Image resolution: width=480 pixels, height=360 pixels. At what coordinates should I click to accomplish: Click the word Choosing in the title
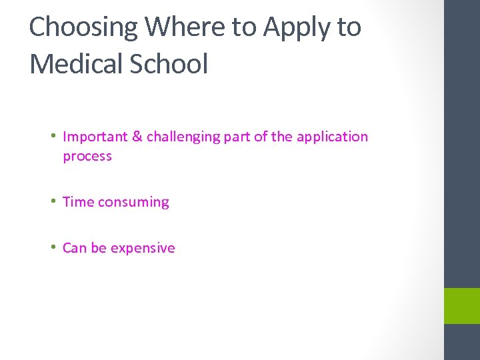83,27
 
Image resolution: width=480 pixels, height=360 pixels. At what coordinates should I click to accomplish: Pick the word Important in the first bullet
95,137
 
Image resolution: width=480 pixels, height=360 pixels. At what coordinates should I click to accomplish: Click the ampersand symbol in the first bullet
137,137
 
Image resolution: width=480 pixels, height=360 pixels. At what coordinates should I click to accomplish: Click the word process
87,157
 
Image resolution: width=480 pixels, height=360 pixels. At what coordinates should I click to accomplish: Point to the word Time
78,202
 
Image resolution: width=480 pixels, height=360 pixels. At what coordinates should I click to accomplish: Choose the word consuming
133,203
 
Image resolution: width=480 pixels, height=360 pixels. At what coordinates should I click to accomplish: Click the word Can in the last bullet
75,248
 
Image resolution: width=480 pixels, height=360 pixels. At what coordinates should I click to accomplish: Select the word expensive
143,249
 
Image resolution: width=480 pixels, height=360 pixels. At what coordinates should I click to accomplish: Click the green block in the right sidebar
461,306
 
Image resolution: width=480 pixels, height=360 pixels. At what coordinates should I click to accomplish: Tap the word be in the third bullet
99,248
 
